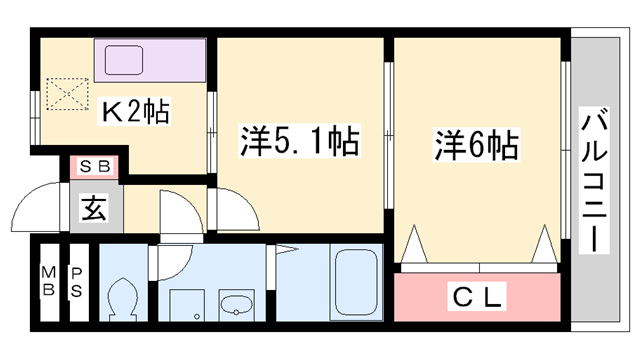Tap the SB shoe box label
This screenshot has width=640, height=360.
(x=95, y=167)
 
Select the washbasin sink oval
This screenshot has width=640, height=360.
(x=237, y=305)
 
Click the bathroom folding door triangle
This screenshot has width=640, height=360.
(x=289, y=250)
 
